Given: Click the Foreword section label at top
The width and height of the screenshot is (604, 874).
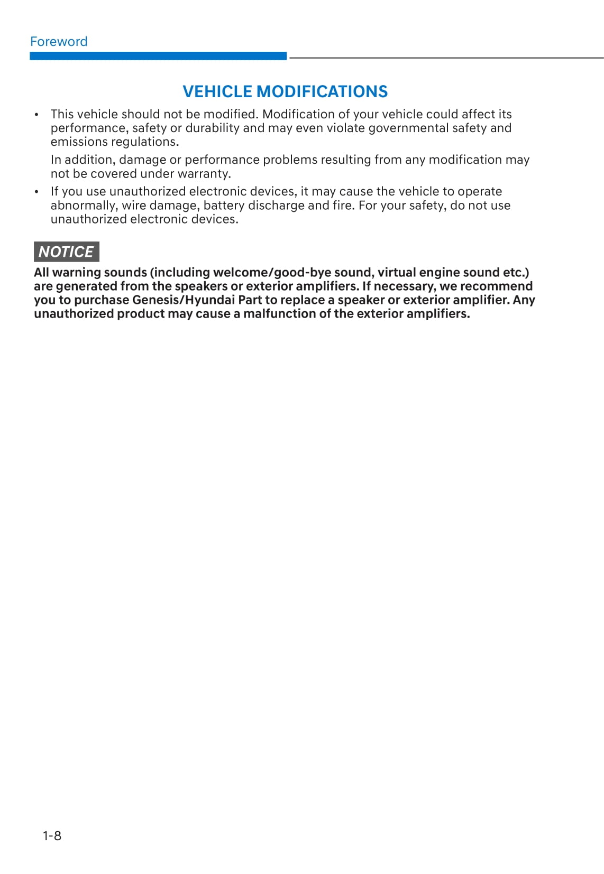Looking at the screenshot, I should pos(59,42).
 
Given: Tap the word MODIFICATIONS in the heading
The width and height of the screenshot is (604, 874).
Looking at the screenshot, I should pos(322,91).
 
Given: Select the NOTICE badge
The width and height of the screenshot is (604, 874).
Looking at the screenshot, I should pos(66,252).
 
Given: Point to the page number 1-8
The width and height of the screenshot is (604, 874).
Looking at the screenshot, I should pos(52,835).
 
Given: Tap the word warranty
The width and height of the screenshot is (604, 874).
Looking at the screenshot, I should pos(206,174).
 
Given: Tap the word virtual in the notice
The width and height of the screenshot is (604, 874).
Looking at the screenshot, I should pos(396,273).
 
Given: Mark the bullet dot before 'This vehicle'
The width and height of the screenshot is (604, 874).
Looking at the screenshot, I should pos(36,115).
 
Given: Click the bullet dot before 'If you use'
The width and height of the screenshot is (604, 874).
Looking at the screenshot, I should pos(36,192).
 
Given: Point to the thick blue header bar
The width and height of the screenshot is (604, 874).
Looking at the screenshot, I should pos(158,56).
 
